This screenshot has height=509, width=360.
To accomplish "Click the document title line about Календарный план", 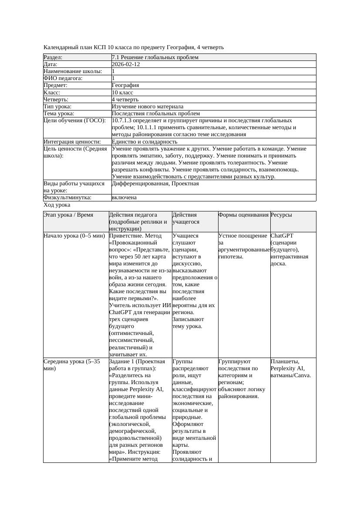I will [134, 47].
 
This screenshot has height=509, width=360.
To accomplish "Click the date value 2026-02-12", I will [126, 64].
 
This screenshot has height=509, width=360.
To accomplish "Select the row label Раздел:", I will [53, 57].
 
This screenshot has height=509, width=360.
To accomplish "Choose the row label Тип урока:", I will [57, 107].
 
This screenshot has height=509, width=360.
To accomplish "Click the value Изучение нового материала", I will [148, 107].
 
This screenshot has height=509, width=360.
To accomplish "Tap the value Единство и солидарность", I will [145, 142].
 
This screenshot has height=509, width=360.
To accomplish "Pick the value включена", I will [124, 198].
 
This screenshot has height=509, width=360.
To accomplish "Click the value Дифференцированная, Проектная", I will [155, 184].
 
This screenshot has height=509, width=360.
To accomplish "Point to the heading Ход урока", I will [57, 205].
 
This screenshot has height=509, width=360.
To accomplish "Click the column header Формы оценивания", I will [243, 215].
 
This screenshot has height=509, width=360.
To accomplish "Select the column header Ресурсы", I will [281, 215].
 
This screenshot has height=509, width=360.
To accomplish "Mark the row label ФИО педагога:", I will [63, 78].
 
